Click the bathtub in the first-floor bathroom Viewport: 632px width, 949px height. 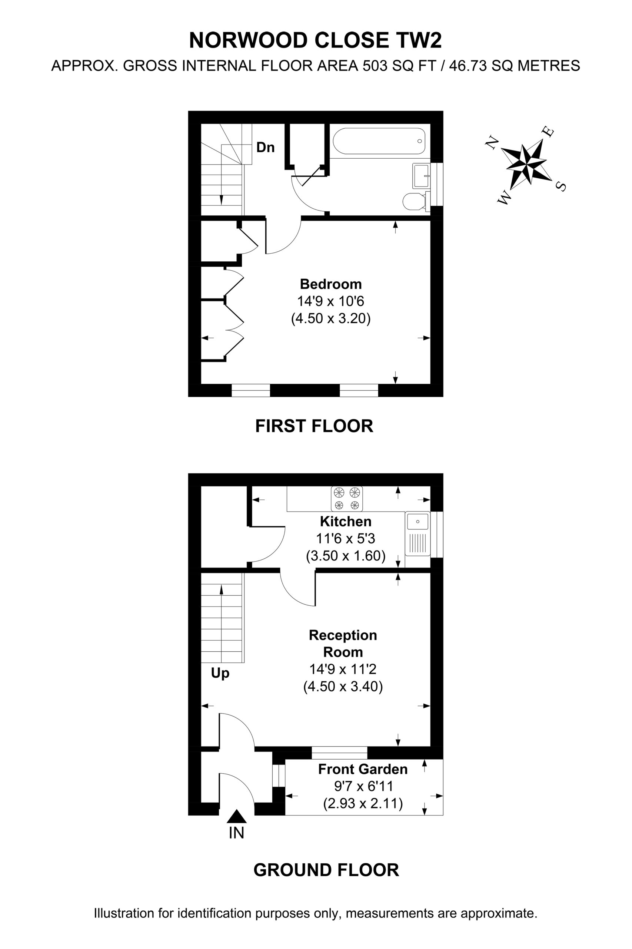pyautogui.click(x=379, y=141)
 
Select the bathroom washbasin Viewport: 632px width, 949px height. pyautogui.click(x=421, y=175)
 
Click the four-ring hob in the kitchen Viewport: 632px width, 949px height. pyautogui.click(x=347, y=499)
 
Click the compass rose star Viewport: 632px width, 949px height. pyautogui.click(x=526, y=164)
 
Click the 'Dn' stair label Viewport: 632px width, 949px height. pyautogui.click(x=266, y=148)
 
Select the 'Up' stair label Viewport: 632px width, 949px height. pyautogui.click(x=220, y=673)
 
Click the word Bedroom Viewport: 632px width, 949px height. pyautogui.click(x=331, y=284)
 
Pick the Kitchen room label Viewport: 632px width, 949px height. pyautogui.click(x=345, y=521)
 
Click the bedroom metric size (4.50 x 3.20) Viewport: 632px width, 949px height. pyautogui.click(x=331, y=318)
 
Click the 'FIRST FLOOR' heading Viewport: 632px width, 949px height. pyautogui.click(x=315, y=426)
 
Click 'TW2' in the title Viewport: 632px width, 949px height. pyautogui.click(x=419, y=40)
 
